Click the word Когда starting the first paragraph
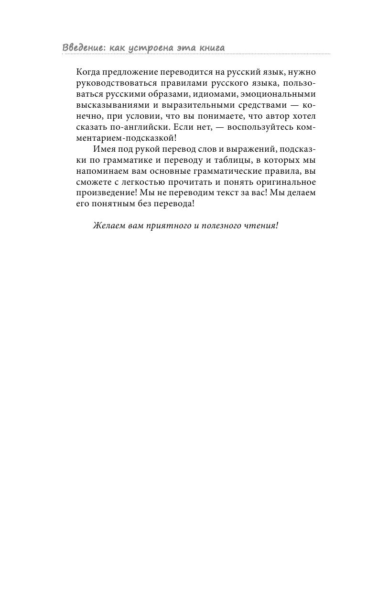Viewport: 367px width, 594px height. pyautogui.click(x=87, y=72)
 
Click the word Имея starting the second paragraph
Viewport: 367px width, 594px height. pyautogui.click(x=104, y=149)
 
